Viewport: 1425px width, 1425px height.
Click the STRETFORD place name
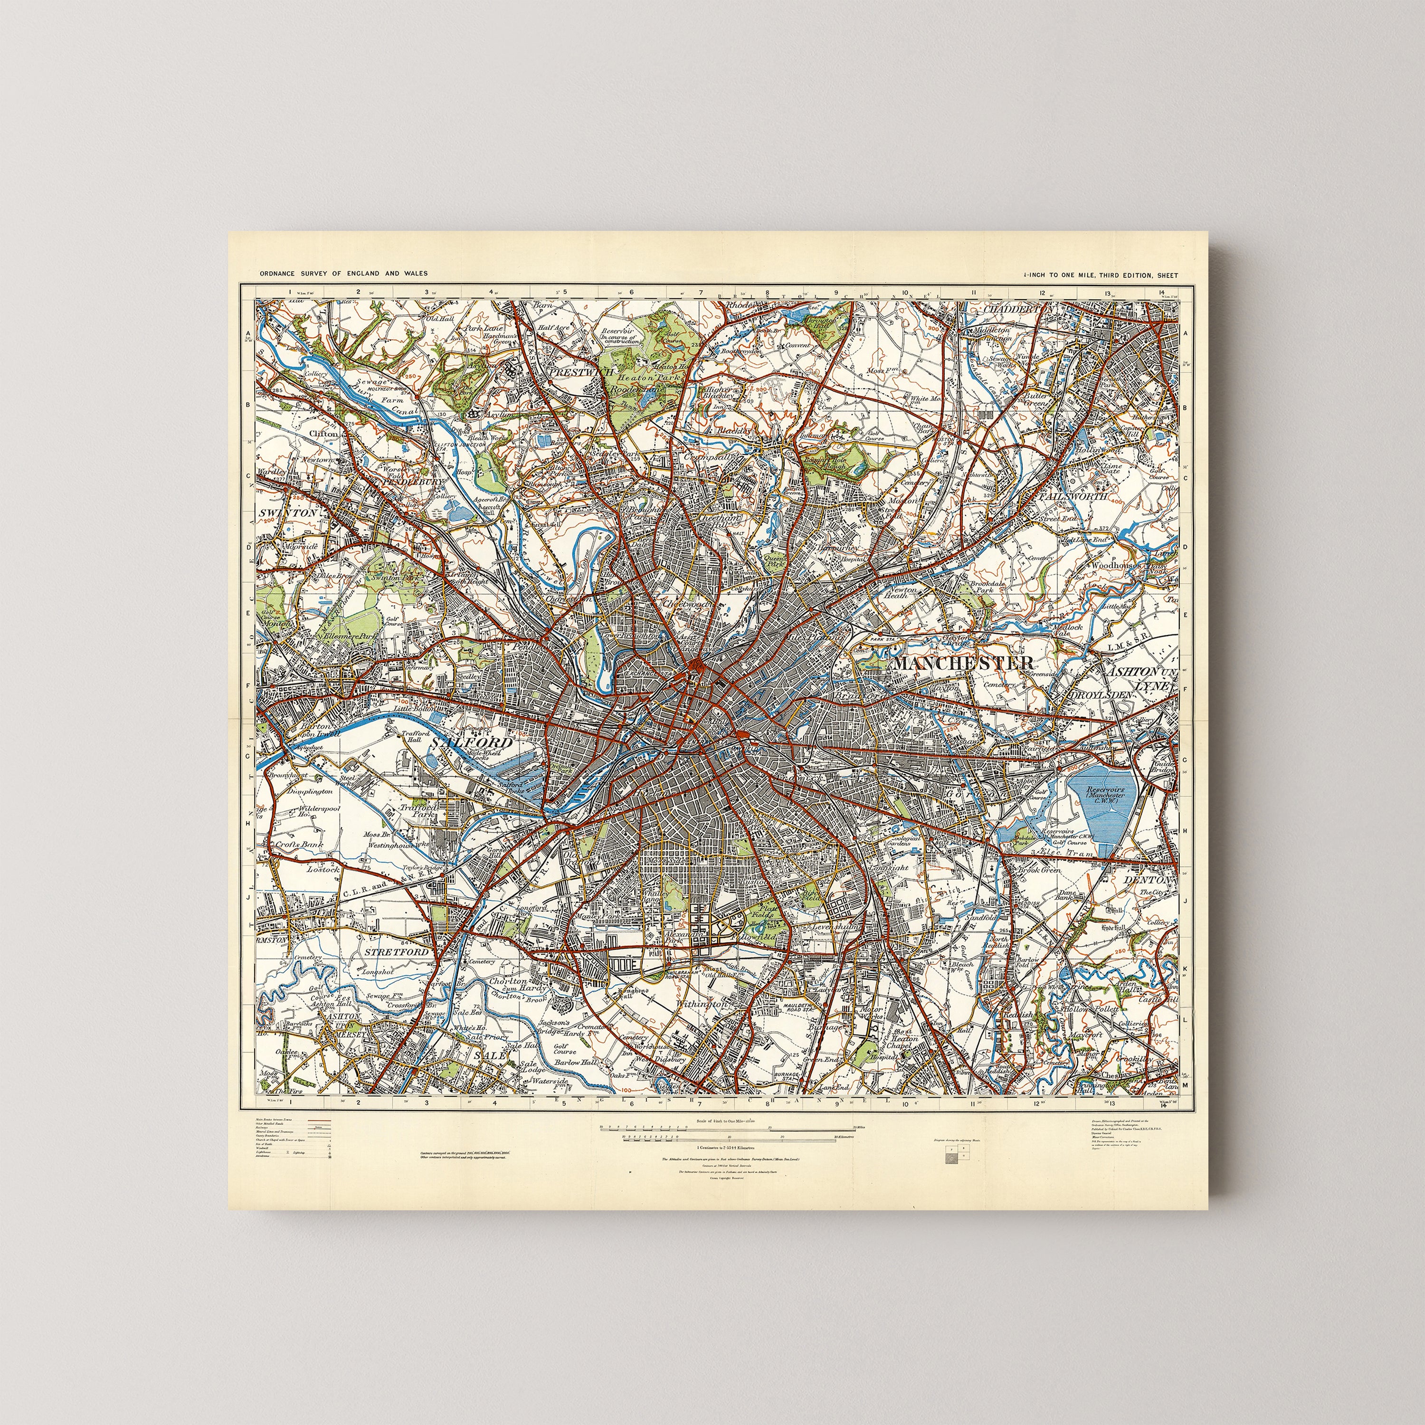click(x=397, y=952)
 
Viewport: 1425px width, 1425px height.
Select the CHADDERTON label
click(x=1018, y=310)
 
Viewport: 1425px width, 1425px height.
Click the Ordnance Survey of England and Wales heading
click(x=342, y=274)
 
